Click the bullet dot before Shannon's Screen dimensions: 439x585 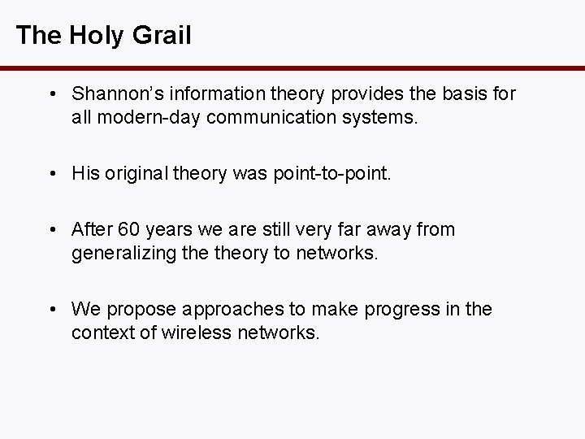[x=52, y=95]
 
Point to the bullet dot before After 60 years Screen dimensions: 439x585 [x=52, y=230]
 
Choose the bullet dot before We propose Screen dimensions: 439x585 [x=52, y=310]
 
